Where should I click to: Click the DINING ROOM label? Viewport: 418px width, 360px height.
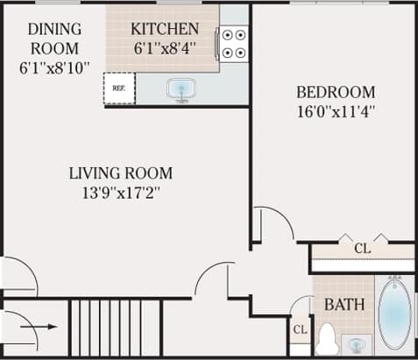pos(54,38)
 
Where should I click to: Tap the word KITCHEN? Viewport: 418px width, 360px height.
pos(165,29)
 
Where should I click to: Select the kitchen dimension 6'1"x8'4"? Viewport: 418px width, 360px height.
pos(165,49)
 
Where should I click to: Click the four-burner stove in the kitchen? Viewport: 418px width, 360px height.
pos(233,44)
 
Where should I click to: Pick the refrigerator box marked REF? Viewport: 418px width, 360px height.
pos(118,88)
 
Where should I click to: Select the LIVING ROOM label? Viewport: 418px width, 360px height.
pos(121,173)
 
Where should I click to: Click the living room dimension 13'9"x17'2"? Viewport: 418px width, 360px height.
pos(121,192)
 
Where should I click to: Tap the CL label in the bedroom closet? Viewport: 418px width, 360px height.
pos(362,249)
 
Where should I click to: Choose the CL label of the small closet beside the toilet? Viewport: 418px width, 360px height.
pos(300,330)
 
